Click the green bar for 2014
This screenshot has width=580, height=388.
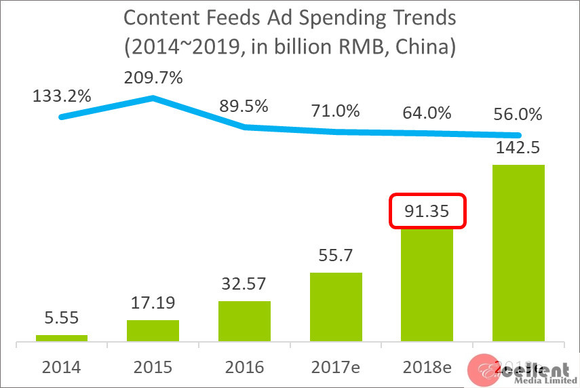(62, 338)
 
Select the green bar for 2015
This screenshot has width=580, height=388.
(153, 330)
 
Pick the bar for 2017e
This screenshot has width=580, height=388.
(336, 307)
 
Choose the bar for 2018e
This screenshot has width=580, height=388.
(427, 285)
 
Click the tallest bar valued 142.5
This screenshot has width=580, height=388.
(518, 252)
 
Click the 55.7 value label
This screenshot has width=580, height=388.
(336, 256)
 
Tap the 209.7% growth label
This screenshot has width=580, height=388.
(153, 77)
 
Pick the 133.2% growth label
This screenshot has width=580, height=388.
(62, 96)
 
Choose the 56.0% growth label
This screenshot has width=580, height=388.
(518, 115)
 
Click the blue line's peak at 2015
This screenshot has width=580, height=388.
(153, 98)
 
